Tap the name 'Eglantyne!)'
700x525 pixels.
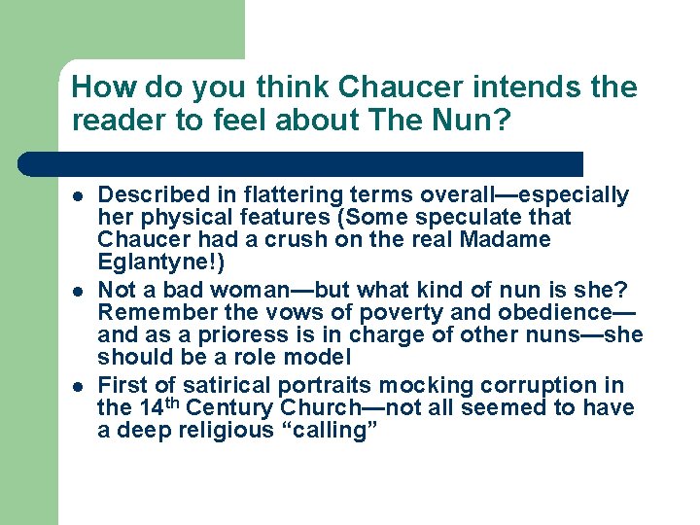[x=152, y=261]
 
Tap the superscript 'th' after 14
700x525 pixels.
[x=177, y=402]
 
